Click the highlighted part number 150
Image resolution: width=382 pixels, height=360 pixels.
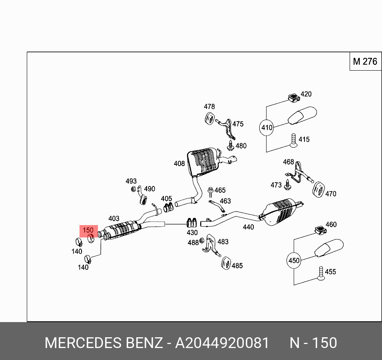88,230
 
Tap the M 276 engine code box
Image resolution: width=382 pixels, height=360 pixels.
365,61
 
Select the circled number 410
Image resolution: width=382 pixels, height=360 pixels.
267,128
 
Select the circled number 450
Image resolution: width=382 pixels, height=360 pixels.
294,261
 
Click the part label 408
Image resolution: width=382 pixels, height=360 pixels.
179,164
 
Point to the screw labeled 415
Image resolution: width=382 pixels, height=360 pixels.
294,140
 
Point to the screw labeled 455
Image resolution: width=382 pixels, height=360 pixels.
320,273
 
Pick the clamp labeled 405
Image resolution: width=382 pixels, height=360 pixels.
168,207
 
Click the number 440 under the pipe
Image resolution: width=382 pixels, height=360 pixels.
248,227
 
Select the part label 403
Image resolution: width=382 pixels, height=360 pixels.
114,218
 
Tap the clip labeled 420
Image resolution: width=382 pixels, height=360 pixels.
293,97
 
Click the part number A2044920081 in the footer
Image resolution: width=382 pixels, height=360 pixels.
222,343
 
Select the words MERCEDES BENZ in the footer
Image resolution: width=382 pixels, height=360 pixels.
103,343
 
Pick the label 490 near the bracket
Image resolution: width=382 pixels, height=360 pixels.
149,189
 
